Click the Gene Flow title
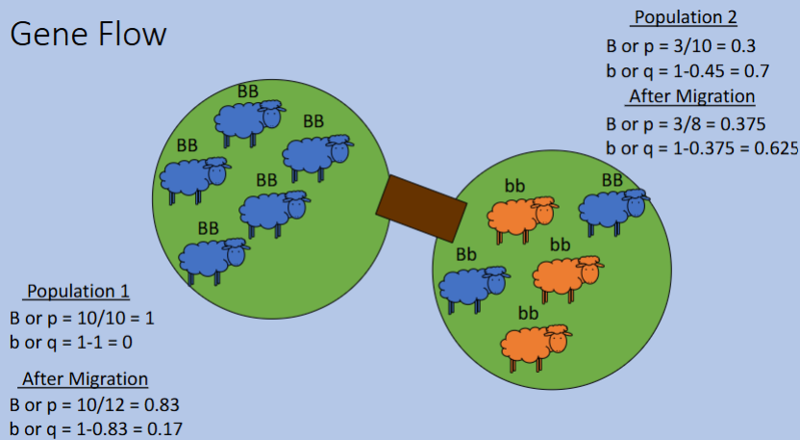(x=87, y=34)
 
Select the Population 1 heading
(x=78, y=291)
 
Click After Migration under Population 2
(x=690, y=96)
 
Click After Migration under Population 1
(x=85, y=378)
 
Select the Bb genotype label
(x=466, y=254)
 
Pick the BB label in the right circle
(x=612, y=180)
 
